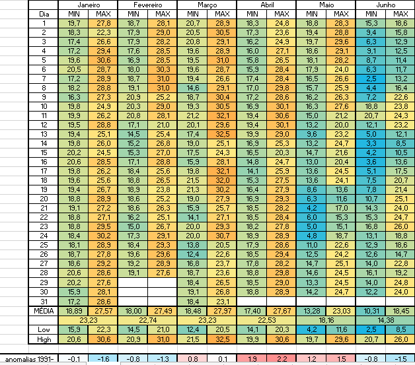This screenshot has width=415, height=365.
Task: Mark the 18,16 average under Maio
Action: pos(325,319)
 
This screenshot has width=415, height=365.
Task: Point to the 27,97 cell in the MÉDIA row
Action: pos(221,310)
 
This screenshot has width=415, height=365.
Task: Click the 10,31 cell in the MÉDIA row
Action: pos(369,310)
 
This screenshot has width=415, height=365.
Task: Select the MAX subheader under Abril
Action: pos(281,13)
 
